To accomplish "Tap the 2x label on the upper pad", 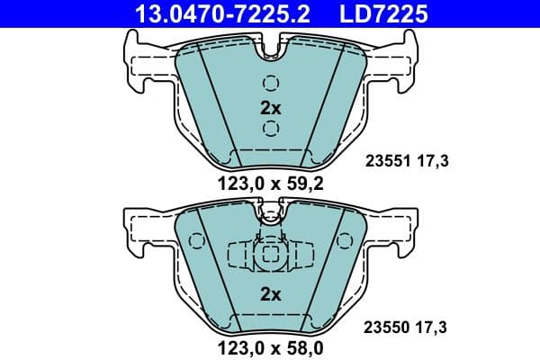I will click(x=271, y=107).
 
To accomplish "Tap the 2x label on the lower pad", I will click(x=271, y=293).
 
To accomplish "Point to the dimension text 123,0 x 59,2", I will click(x=270, y=185).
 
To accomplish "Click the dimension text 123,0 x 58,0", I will click(x=270, y=346).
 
